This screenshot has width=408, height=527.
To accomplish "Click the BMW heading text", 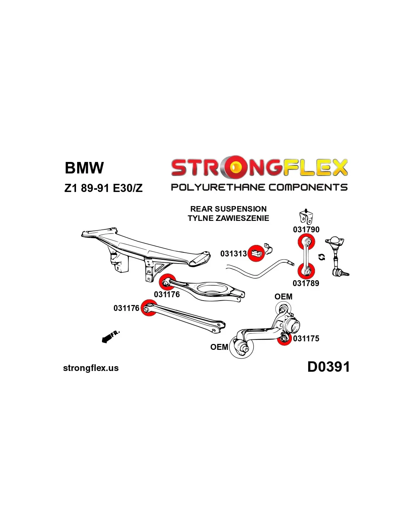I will (84, 168).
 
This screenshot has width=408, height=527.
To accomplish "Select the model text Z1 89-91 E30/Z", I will (103, 188).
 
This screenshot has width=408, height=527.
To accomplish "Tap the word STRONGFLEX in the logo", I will (259, 168).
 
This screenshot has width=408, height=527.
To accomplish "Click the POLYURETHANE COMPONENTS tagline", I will (259, 187).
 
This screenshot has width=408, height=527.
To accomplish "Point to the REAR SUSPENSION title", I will (228, 209).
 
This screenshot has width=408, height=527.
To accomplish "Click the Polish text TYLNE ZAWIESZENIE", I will (228, 218).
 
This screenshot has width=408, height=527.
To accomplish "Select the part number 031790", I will (306, 230).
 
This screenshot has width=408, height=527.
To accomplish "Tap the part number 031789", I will (306, 284).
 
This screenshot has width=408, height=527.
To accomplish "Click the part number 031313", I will (233, 254).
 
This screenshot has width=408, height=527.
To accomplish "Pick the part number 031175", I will (306, 339).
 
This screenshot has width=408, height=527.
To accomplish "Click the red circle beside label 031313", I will (256, 253).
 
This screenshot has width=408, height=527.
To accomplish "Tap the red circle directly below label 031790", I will (306, 242).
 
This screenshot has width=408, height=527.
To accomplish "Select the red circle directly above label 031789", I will (306, 271).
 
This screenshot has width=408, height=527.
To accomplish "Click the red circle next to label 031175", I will (284, 338).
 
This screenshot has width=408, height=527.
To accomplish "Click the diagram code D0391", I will (328, 367).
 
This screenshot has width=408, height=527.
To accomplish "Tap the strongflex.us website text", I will (91, 368).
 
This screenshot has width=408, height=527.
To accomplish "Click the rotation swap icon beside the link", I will (322, 257).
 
